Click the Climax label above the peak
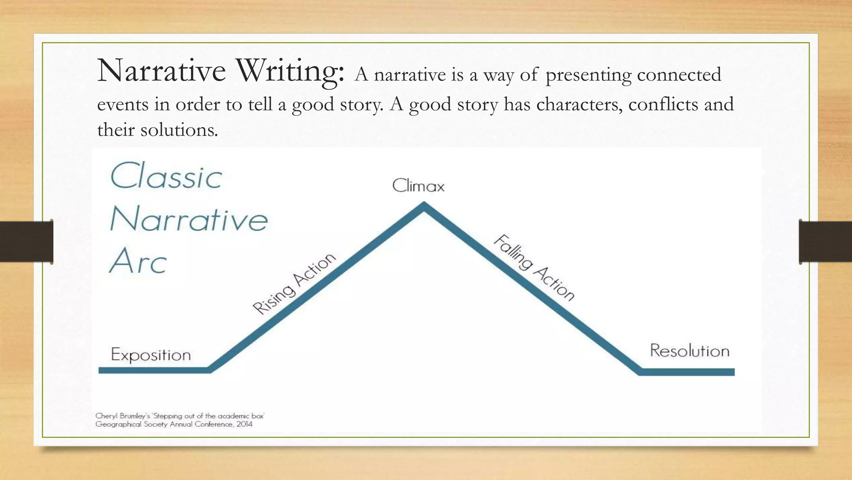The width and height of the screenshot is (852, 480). [418, 186]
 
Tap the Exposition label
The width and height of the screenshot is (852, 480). [151, 355]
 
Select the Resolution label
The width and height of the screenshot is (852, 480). [689, 351]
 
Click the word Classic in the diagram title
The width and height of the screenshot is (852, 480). [166, 177]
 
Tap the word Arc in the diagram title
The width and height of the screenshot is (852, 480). [138, 262]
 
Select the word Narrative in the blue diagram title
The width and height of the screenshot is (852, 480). [188, 219]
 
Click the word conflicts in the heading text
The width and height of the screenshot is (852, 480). [663, 104]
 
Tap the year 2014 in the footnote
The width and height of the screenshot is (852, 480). [244, 425]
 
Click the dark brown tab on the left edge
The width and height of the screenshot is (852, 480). [26, 242]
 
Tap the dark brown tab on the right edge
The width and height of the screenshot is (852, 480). [825, 242]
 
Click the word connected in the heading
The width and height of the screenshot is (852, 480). [679, 75]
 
